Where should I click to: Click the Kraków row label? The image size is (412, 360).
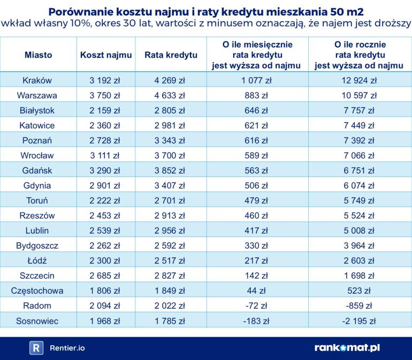pyautogui.click(x=37, y=80)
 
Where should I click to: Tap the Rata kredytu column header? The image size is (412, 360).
pyautogui.click(x=171, y=55)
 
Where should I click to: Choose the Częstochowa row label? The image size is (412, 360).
pyautogui.click(x=37, y=291)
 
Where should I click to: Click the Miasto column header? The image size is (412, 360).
pyautogui.click(x=38, y=55)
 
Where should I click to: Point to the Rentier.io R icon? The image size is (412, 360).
pyautogui.click(x=36, y=348)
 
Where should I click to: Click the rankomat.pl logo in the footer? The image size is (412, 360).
pyautogui.click(x=347, y=348)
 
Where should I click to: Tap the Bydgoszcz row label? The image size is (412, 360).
pyautogui.click(x=37, y=246)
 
